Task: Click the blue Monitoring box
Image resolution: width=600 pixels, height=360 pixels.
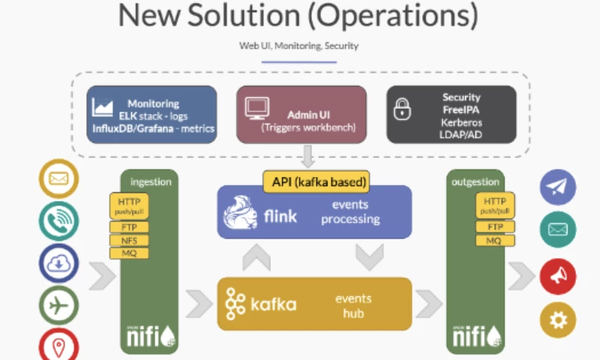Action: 151,114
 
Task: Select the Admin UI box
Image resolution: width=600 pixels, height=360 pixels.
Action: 301,114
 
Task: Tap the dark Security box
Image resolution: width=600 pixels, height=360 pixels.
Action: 451,114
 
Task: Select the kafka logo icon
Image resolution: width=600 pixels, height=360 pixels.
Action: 235,304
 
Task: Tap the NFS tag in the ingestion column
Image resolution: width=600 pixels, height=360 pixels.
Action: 129,240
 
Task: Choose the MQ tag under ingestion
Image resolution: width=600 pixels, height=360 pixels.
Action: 129,253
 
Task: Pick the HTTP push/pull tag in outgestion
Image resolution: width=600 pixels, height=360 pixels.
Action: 494,205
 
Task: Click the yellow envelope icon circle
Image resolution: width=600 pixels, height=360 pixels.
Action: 58,178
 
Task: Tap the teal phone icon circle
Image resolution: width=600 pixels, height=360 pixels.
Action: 58,220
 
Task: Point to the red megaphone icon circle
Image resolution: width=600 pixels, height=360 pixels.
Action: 557,276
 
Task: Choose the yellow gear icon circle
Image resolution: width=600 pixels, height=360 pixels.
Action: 557,319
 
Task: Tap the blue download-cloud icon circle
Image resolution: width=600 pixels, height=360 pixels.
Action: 58,262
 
